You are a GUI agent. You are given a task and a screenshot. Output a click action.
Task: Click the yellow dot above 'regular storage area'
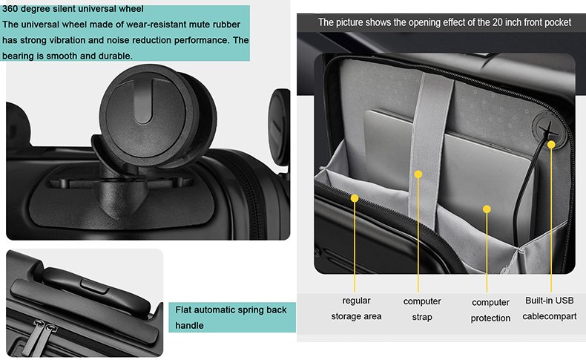pyautogui.click(x=355, y=198)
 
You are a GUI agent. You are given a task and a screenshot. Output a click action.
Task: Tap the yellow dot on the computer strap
pyautogui.click(x=418, y=174)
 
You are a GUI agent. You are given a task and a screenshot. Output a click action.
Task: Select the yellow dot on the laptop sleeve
pyautogui.click(x=487, y=209)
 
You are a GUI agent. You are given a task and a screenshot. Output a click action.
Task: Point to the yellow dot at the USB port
pyautogui.click(x=551, y=144)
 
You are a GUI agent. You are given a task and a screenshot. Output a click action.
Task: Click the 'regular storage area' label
pyautogui.click(x=356, y=308)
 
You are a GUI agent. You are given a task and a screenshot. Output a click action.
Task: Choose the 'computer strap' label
pyautogui.click(x=422, y=310)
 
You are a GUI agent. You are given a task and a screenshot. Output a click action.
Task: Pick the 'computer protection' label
pyautogui.click(x=490, y=310)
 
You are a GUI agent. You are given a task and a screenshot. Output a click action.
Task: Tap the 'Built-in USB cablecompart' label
pyautogui.click(x=550, y=308)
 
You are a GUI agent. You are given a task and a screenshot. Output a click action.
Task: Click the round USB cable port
pyautogui.click(x=548, y=131)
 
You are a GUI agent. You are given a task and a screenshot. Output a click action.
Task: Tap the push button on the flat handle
pyautogui.click(x=94, y=286)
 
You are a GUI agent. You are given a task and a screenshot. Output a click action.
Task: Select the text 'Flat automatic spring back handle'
pyautogui.click(x=231, y=318)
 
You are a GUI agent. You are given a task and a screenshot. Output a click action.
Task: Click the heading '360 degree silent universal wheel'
pyautogui.click(x=73, y=9)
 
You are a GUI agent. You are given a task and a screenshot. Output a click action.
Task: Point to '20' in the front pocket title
pyautogui.click(x=497, y=22)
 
